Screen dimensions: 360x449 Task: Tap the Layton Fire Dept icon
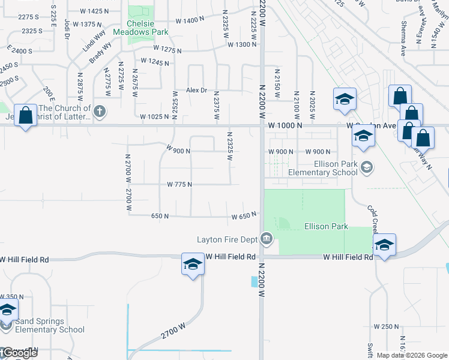[x=267, y=240]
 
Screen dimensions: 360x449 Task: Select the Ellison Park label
[x=326, y=226]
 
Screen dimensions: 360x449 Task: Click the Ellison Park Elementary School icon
[x=367, y=167]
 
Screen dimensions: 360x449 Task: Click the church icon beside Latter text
[x=100, y=112]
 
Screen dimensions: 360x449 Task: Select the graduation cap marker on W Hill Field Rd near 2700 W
[x=193, y=264]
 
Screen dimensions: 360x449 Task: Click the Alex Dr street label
[x=196, y=90]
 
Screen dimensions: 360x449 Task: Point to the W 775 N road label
[x=179, y=184]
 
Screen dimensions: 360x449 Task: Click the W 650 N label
[x=244, y=214]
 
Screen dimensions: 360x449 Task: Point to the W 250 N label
[x=386, y=326]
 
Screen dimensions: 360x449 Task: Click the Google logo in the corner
[x=19, y=353]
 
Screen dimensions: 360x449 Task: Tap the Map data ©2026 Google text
[x=412, y=355]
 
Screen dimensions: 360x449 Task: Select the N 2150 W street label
[x=277, y=86]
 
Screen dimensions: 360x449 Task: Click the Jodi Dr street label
[x=67, y=28]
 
